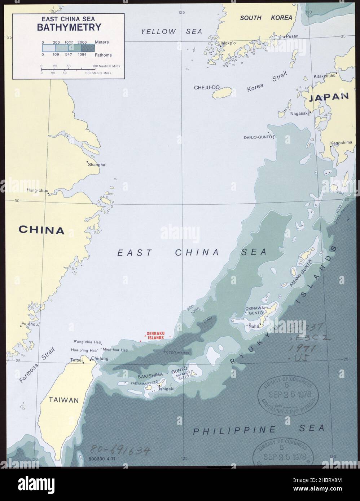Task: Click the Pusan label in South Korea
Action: [x=292, y=36]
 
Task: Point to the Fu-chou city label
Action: [x=30, y=324]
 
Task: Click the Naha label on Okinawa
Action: [x=254, y=326]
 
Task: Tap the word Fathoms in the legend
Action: [x=104, y=55]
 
